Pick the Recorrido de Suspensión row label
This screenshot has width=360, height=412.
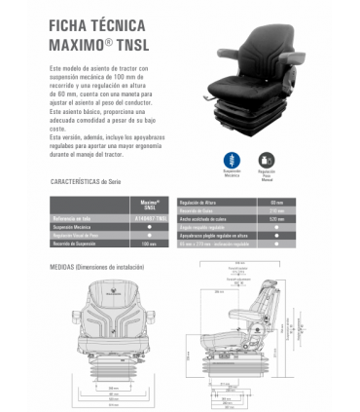pos(76,243)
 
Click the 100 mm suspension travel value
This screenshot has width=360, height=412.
pos(149,243)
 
